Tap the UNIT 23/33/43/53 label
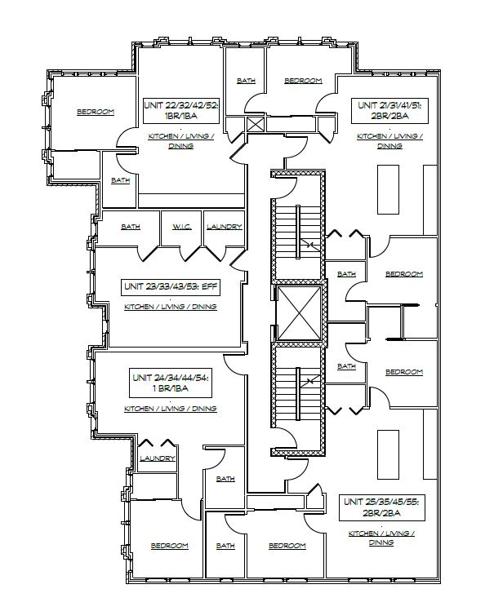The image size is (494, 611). [170, 287]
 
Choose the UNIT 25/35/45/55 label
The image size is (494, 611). [381, 503]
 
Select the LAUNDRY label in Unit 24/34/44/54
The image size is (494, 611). [158, 458]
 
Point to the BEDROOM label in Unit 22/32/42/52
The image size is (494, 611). [95, 112]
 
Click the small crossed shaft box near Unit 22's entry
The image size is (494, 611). [256, 126]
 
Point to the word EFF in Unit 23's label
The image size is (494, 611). [208, 287]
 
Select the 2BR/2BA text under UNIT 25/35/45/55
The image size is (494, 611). [381, 515]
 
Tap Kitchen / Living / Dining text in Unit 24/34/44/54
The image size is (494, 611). [170, 408]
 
